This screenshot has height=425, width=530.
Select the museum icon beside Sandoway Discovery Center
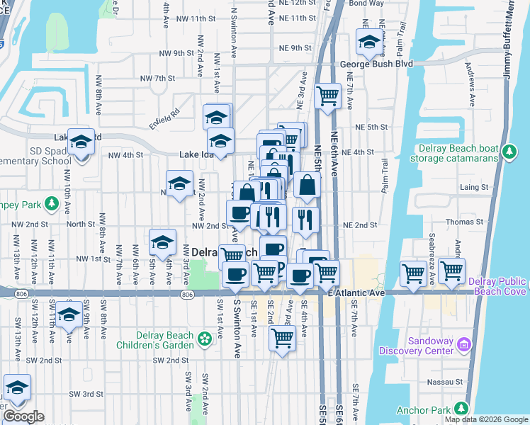tap(464, 345)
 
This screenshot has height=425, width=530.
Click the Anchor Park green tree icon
tap(462, 409)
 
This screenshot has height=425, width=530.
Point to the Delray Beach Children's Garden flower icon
tap(205, 339)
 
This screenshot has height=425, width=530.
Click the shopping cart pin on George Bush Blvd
tap(327, 95)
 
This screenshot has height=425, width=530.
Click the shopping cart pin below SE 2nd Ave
tap(282, 339)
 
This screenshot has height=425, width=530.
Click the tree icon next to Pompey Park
tap(51, 205)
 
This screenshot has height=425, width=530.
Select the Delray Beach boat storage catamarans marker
tap(508, 152)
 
